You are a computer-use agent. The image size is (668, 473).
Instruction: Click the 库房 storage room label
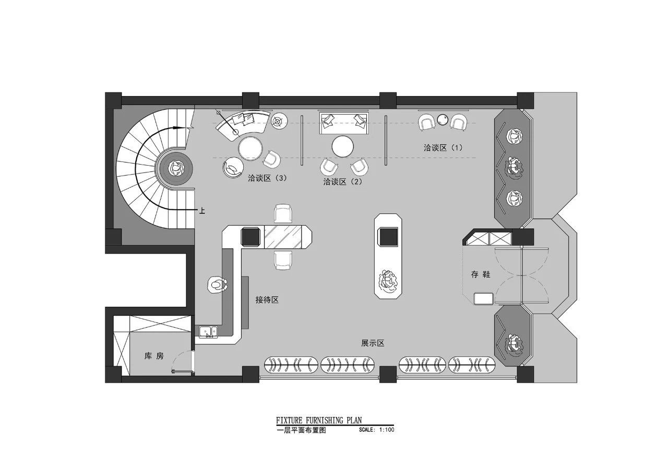(x=154, y=356)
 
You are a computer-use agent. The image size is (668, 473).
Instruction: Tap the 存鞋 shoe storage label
(x=481, y=274)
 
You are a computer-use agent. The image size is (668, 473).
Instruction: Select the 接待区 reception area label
(x=267, y=300)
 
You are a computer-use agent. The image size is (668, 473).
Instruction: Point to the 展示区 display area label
(x=373, y=343)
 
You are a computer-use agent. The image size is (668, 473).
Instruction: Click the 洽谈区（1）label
(x=443, y=148)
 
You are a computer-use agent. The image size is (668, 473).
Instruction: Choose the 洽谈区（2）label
(x=342, y=182)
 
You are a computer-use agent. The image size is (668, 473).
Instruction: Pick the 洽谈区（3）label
(x=267, y=178)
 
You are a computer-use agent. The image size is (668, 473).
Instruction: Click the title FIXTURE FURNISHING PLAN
(x=319, y=420)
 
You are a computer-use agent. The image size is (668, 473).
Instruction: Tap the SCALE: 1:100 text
(x=376, y=431)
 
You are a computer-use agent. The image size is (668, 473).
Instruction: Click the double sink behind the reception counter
(x=207, y=331)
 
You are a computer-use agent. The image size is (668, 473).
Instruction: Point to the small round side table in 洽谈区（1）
(x=443, y=120)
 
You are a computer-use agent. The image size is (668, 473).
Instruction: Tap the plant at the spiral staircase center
(x=176, y=168)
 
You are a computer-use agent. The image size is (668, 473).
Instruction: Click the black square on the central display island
(x=388, y=237)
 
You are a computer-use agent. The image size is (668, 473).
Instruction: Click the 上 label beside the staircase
(x=202, y=211)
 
